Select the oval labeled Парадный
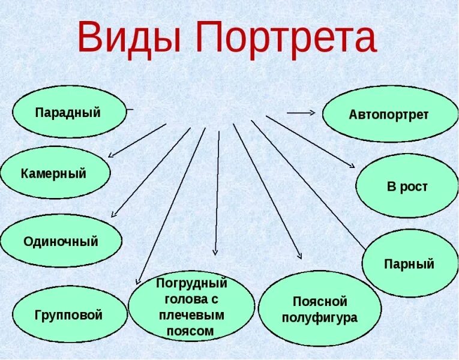(69, 112)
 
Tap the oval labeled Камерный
(55, 173)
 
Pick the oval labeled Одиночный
(61, 241)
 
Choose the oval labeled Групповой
(69, 314)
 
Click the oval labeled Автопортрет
(390, 114)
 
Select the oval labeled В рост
(407, 186)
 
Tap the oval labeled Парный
(409, 263)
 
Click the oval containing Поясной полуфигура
(319, 309)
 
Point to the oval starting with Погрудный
(191, 305)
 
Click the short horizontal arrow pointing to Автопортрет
(301, 112)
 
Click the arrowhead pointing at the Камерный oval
(111, 154)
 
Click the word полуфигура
(319, 317)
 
